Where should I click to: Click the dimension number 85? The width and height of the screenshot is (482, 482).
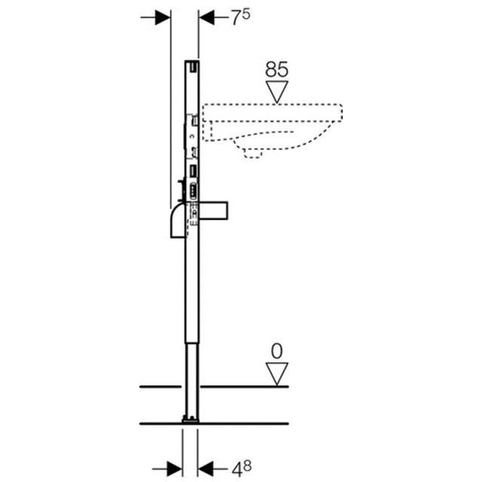(277, 70)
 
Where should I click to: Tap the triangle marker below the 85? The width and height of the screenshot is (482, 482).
(277, 91)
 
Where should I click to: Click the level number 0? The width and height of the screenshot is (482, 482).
(278, 351)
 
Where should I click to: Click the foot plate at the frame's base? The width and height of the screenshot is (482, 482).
(190, 417)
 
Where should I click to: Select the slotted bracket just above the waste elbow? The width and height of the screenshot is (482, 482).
(194, 190)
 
